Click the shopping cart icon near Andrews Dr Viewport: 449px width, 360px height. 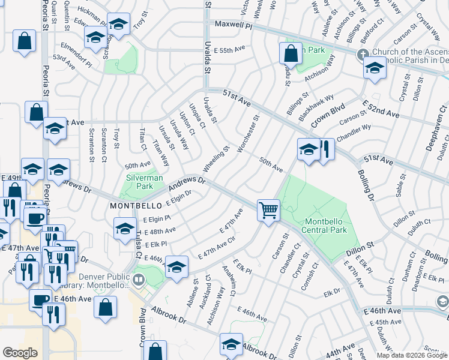click(x=268, y=210)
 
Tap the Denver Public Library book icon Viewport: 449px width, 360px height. click(x=139, y=280)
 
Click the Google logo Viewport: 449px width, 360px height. click(x=20, y=353)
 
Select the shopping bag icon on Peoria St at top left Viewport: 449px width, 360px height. click(x=25, y=41)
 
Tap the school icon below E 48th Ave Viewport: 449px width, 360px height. click(x=125, y=229)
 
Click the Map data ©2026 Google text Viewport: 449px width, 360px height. click(x=412, y=355)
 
